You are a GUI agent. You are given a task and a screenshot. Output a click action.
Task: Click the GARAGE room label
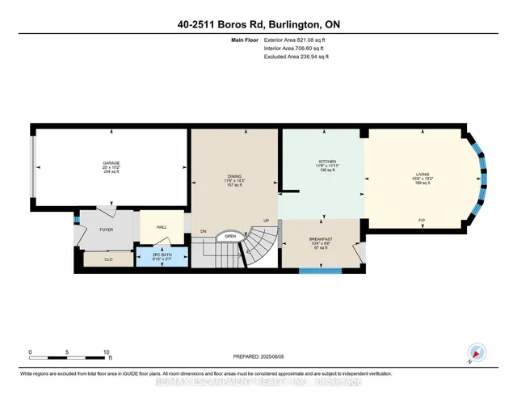pos(111,162)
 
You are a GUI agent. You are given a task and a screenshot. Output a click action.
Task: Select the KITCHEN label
pos(327,161)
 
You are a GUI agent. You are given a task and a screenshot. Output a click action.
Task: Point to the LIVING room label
pos(422,173)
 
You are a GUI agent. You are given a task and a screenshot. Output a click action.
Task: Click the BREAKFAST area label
pos(321,239)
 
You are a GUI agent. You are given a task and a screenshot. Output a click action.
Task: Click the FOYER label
pos(107,229)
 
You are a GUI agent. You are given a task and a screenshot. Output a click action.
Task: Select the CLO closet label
pos(108,260)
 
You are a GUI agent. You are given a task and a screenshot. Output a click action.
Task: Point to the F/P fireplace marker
pos(422,220)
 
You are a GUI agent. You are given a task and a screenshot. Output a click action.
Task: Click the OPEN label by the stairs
pos(230,237)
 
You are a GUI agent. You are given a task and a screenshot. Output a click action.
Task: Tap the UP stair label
pos(265,219)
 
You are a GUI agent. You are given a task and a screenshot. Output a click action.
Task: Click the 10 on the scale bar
pos(107,352)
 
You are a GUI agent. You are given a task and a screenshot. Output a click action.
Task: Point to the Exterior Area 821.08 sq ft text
pos(296,38)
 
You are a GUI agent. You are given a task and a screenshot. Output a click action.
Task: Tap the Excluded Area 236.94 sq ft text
pos(296,57)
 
